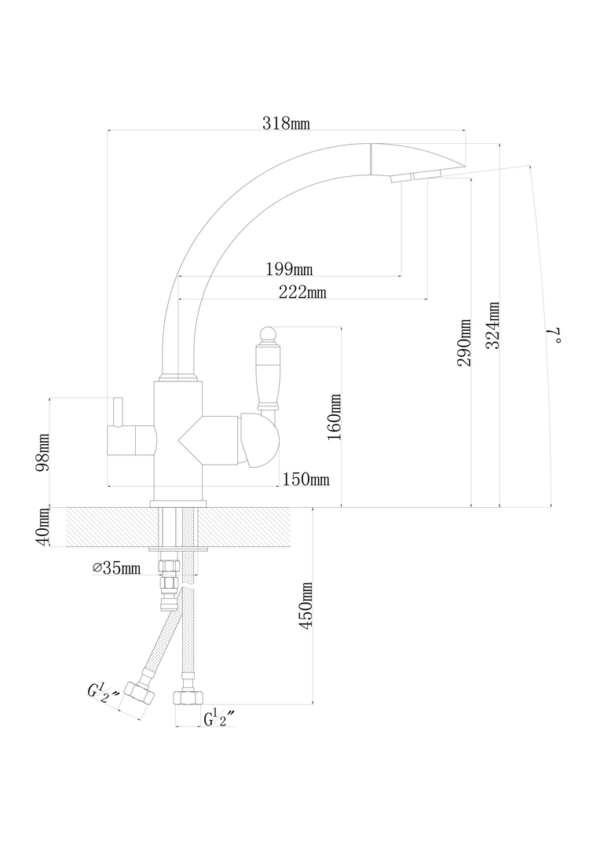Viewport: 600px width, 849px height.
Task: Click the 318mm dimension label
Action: click(x=286, y=123)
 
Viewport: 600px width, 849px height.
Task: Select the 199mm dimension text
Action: click(x=290, y=269)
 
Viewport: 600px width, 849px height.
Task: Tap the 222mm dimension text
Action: click(x=302, y=292)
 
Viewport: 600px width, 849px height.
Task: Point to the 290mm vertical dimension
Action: click(x=465, y=342)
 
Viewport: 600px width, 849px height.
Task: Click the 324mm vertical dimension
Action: click(x=492, y=325)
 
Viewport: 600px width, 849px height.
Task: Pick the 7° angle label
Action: click(x=554, y=336)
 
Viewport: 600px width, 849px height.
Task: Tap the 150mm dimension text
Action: click(x=305, y=480)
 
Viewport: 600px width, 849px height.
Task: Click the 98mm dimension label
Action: click(x=42, y=452)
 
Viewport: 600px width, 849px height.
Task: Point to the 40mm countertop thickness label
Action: click(x=42, y=527)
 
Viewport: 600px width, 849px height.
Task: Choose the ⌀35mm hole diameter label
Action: click(x=116, y=568)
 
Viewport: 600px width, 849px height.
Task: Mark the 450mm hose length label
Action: click(x=305, y=605)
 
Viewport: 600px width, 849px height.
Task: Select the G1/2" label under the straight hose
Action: click(x=219, y=718)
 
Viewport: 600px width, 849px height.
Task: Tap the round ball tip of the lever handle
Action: click(x=268, y=333)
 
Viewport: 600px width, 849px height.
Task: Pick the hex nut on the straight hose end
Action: click(x=187, y=698)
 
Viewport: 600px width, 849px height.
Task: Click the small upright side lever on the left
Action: click(x=118, y=411)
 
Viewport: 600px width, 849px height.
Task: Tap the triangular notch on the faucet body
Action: click(x=190, y=439)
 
